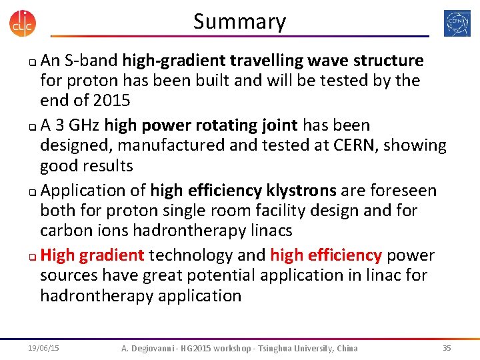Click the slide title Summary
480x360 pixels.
[x=239, y=22]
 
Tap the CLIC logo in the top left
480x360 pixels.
[x=23, y=22]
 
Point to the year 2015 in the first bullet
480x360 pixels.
[x=113, y=101]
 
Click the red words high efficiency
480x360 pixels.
[x=325, y=255]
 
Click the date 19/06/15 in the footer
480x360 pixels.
[x=43, y=348]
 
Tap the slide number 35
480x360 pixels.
[x=447, y=348]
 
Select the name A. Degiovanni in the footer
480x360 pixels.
[x=150, y=348]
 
